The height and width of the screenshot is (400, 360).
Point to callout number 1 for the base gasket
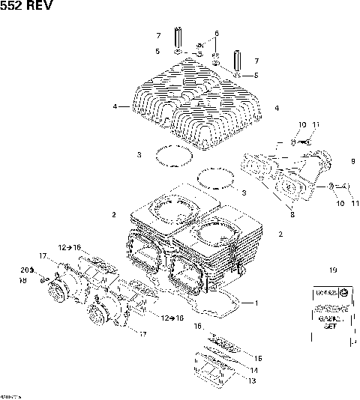point(256,303)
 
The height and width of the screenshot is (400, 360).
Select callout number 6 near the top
point(216,34)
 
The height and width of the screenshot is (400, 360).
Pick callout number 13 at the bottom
point(252,381)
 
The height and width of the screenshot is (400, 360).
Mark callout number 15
point(259,358)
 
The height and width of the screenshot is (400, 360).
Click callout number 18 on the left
point(22,280)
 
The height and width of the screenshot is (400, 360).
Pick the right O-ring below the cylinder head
point(217,180)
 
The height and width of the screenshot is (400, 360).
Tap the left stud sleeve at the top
point(178,37)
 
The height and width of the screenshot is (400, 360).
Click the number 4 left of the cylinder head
point(115,107)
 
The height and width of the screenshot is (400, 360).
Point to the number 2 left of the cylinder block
point(114,215)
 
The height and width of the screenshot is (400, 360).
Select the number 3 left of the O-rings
point(139,154)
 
